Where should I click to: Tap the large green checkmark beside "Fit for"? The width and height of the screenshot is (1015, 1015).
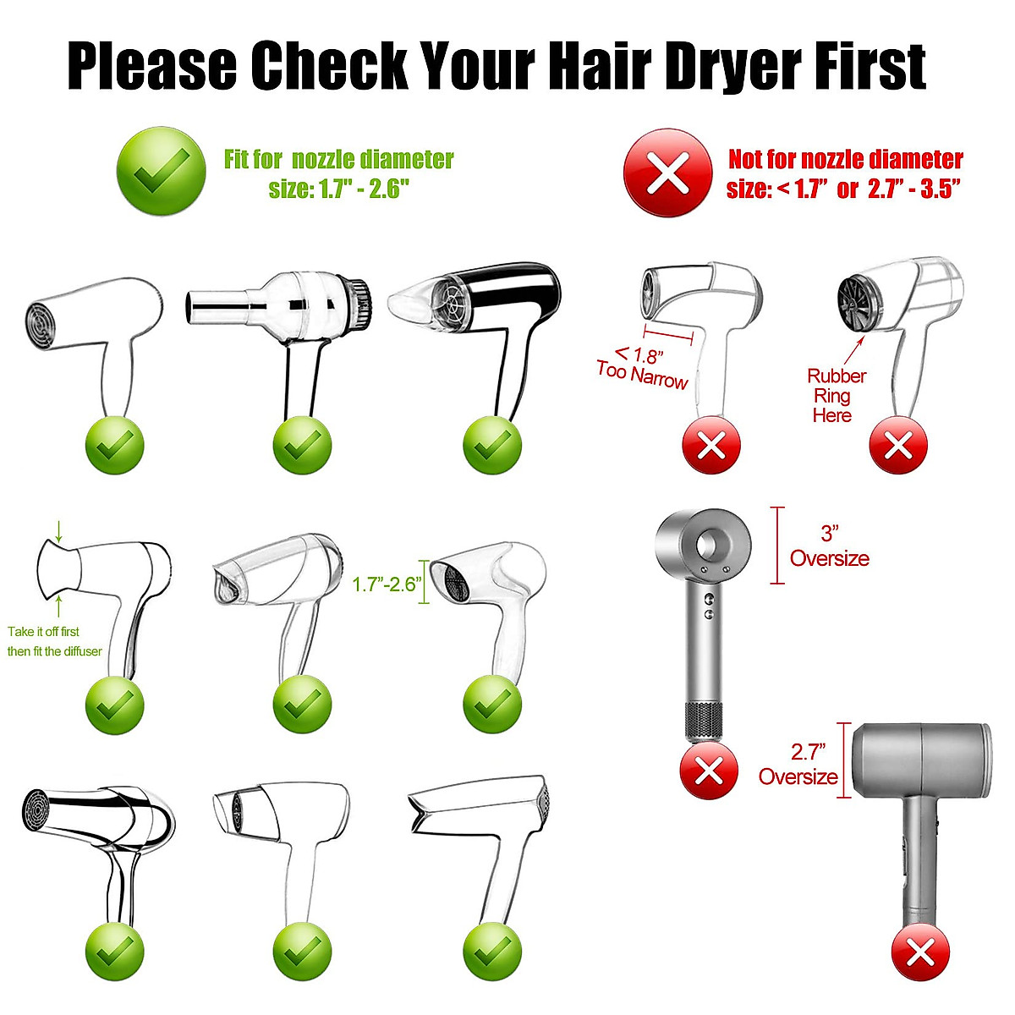click(x=161, y=171)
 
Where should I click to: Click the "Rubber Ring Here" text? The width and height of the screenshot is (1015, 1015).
click(x=835, y=396)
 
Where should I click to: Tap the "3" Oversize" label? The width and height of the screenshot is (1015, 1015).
click(x=829, y=546)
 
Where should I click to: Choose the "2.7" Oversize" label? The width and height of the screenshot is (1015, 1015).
click(x=798, y=765)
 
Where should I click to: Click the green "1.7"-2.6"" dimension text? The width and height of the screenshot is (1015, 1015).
click(x=387, y=584)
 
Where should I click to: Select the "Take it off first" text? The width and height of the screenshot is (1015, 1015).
click(x=43, y=632)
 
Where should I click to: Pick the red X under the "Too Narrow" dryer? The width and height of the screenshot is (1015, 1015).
click(x=710, y=445)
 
